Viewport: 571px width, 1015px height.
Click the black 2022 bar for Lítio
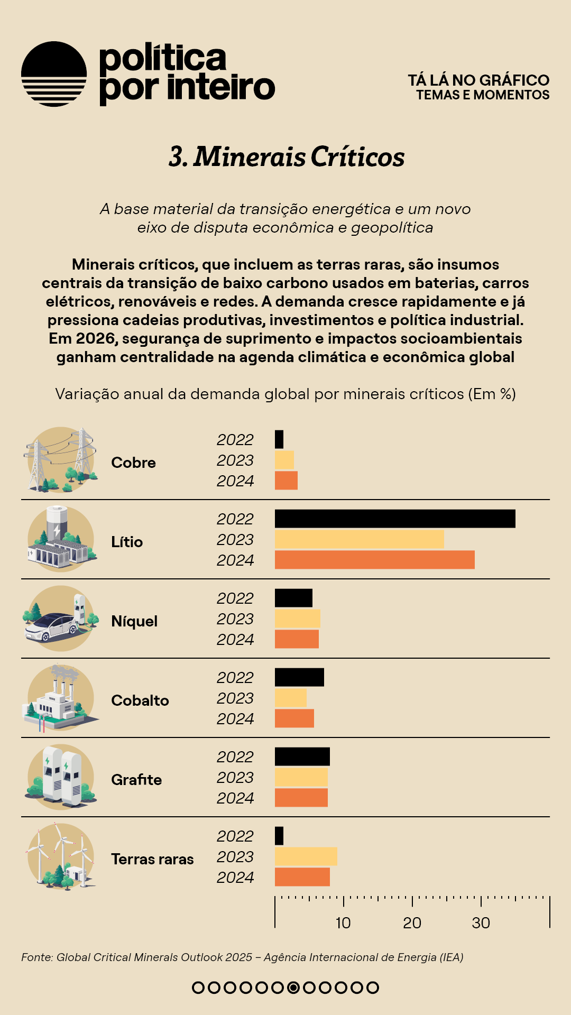[x=395, y=519]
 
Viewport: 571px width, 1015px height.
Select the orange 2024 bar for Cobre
[x=286, y=481]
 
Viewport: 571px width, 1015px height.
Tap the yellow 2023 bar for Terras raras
[x=306, y=856]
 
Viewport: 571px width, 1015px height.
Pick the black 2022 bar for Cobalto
[x=299, y=677]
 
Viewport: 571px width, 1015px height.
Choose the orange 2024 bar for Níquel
[x=297, y=639]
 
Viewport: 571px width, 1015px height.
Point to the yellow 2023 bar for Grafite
[x=301, y=777]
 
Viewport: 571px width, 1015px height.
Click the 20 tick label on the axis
[x=412, y=923]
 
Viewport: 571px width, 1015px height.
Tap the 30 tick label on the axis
[x=481, y=923]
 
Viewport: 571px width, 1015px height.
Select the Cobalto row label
[x=140, y=700]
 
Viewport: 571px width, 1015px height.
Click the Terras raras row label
[x=152, y=859]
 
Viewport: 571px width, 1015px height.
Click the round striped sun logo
[x=54, y=74]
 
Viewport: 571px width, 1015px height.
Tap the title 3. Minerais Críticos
[x=286, y=157]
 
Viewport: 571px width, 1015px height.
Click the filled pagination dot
[x=293, y=988]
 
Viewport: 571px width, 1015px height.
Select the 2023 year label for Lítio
[x=235, y=540]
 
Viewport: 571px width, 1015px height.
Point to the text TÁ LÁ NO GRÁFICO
[x=478, y=80]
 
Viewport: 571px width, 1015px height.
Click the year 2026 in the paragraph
[x=96, y=338]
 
